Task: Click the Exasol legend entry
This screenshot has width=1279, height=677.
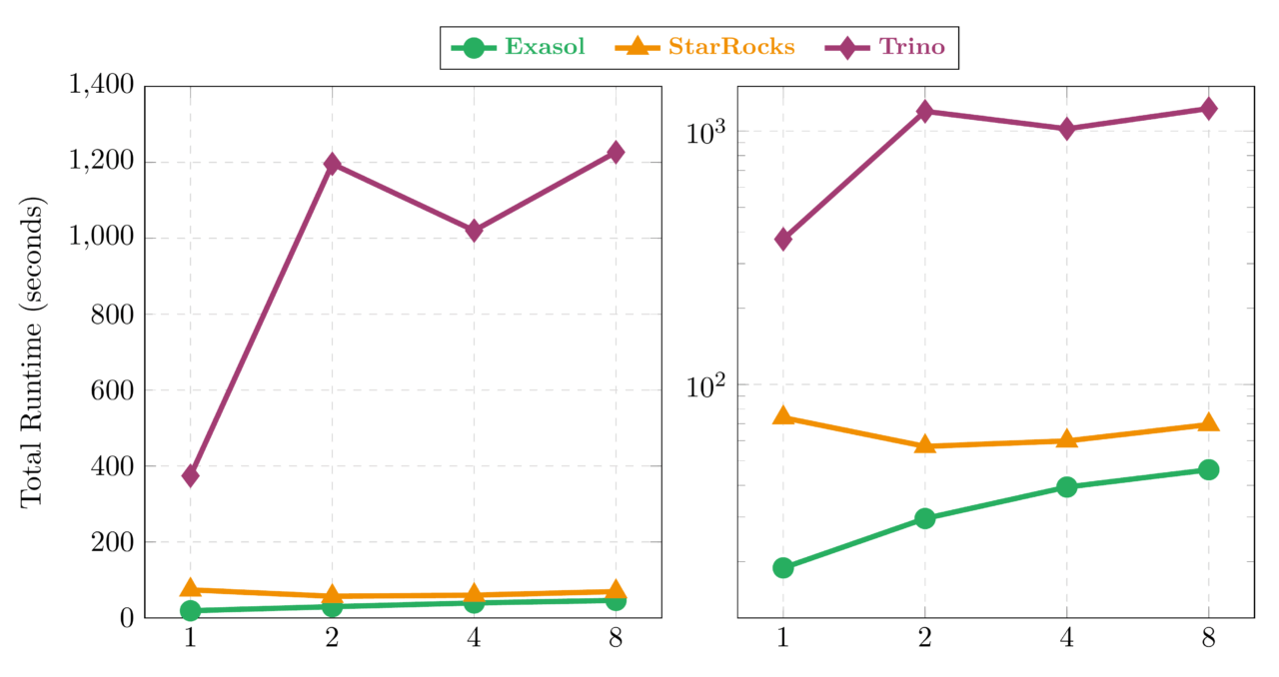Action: point(519,47)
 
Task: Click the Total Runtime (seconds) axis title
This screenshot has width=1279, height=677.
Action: point(33,352)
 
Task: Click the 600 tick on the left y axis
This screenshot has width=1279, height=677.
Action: point(113,390)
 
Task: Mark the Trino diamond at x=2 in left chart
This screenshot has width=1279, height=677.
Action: point(332,164)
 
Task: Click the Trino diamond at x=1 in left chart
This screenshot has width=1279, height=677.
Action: point(190,475)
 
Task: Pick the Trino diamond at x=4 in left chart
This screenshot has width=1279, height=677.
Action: point(474,231)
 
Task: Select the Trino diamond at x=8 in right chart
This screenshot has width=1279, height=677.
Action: point(1208,108)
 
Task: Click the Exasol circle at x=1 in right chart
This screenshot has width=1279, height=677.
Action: point(783,567)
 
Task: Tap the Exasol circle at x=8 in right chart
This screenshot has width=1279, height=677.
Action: point(1208,469)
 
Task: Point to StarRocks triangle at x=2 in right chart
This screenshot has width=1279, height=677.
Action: point(925,444)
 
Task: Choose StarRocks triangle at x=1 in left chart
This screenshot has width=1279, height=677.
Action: point(190,589)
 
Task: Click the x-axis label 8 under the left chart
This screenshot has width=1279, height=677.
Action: point(616,639)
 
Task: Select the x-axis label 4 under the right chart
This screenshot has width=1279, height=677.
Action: point(1066,639)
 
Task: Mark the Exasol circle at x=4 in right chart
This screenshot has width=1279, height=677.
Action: point(1066,487)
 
